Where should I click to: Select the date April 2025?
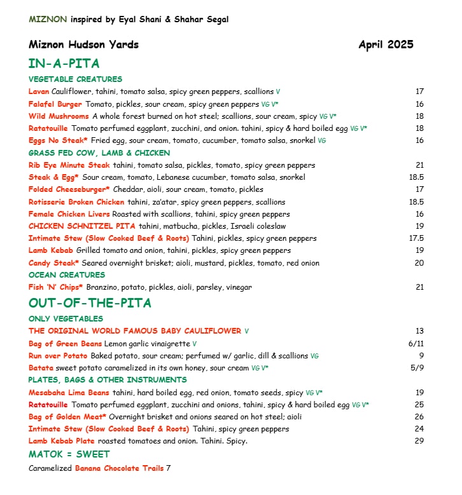386,44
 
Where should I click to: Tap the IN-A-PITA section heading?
64,64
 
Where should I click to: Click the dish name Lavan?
39,92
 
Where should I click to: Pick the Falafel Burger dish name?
55,104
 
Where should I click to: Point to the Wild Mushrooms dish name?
59,116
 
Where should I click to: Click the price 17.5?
417,238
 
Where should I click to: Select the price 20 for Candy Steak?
419,262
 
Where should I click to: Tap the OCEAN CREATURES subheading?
67,275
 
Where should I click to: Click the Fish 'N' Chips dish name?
56,287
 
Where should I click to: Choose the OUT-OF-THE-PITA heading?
90,303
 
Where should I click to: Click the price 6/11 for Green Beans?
416,343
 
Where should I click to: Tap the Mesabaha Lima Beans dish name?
69,393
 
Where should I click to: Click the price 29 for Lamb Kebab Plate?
419,441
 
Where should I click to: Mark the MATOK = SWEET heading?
69,454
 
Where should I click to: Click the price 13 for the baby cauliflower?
419,331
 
